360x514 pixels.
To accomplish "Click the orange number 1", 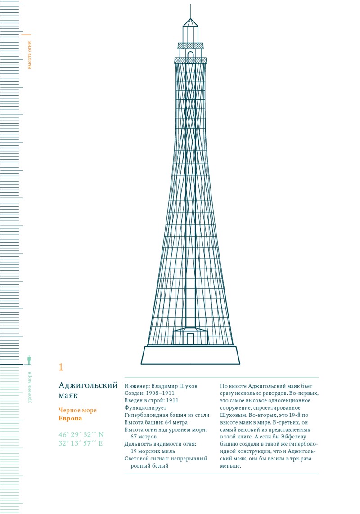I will click(61, 367).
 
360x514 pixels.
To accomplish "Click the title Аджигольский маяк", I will click(88, 390).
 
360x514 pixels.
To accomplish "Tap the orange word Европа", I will click(70, 419).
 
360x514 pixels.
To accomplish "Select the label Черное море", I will click(77, 410).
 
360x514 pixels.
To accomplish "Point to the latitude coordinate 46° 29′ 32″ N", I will click(81, 434).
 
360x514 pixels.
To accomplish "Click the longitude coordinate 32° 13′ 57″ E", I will click(81, 443).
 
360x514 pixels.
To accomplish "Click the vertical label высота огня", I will click(30, 55).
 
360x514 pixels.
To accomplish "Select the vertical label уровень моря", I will click(30, 387).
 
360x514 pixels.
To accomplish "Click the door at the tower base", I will click(190, 339).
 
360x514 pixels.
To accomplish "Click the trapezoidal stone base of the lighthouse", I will click(190, 355).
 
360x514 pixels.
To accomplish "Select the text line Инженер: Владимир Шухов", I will click(161, 386).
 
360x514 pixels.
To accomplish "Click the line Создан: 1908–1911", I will click(149, 393).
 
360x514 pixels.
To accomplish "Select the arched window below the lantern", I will click(190, 56).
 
